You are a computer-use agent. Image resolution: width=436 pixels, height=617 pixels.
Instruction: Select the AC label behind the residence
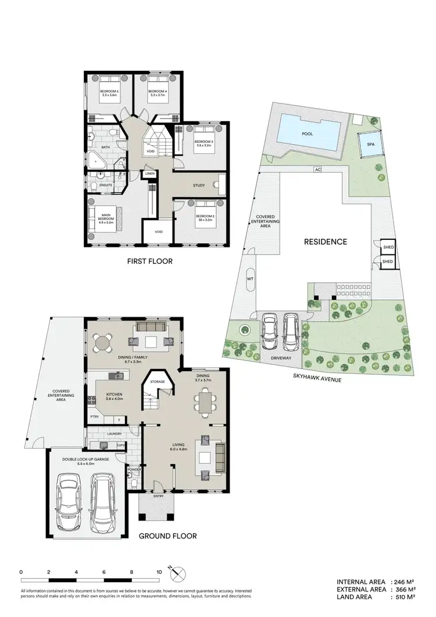point(317,170)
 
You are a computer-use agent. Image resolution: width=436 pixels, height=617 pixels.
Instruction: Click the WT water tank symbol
point(250,279)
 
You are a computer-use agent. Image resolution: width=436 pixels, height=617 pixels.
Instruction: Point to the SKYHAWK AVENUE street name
point(325,377)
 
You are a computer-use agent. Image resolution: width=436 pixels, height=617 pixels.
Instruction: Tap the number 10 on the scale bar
point(159,572)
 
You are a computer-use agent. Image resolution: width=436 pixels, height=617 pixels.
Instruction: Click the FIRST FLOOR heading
point(150,261)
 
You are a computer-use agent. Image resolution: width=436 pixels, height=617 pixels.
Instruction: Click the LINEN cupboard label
point(149,174)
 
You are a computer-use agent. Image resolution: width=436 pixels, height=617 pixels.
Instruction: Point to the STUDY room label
point(199,186)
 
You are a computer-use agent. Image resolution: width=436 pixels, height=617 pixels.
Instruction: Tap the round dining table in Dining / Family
point(103,343)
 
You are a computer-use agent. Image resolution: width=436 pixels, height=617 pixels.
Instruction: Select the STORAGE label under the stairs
point(158,382)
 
